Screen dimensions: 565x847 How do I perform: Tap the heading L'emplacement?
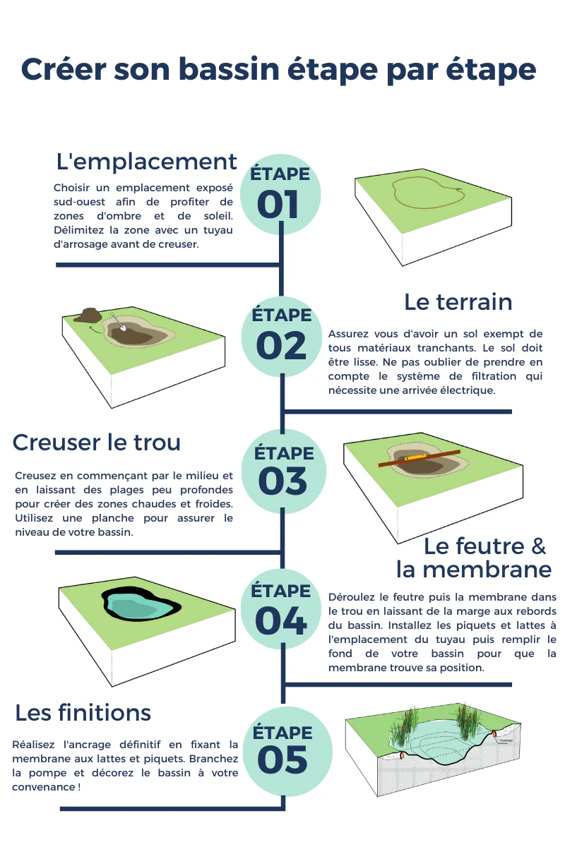click(146, 162)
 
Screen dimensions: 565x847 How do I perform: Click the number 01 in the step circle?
click(278, 205)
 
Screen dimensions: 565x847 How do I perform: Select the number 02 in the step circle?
click(281, 346)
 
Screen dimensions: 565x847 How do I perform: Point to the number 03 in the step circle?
click(282, 481)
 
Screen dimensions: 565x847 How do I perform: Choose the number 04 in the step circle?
click(281, 620)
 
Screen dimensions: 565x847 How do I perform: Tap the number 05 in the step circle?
click(282, 759)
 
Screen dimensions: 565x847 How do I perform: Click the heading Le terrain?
click(458, 302)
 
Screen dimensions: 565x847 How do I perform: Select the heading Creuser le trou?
click(97, 442)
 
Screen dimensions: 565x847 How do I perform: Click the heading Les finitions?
click(83, 712)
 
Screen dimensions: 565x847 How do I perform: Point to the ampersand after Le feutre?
click(538, 546)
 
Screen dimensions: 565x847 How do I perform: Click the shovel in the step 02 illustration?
click(119, 322)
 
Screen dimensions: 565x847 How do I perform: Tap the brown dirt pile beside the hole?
click(88, 316)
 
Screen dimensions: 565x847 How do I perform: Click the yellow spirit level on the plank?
click(412, 458)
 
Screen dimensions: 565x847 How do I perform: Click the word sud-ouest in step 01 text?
click(80, 202)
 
